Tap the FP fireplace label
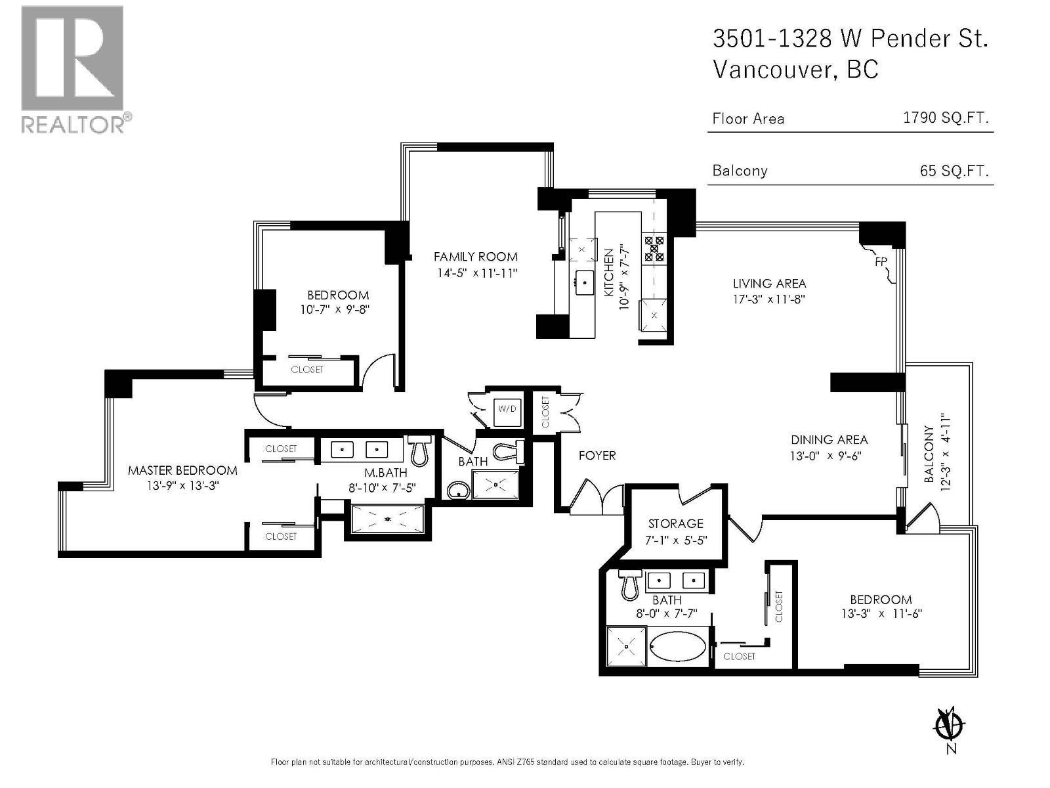881,261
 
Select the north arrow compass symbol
949,726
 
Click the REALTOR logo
73,69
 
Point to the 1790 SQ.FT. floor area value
945,118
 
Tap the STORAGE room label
675,523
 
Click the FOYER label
597,455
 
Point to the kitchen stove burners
654,249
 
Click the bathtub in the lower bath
678,647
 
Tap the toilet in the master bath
419,450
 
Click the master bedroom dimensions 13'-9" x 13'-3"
182,486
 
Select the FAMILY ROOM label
475,257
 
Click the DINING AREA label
829,440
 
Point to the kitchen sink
583,283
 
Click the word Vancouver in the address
772,69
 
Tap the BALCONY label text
929,454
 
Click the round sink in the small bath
457,489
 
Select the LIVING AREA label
769,284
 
